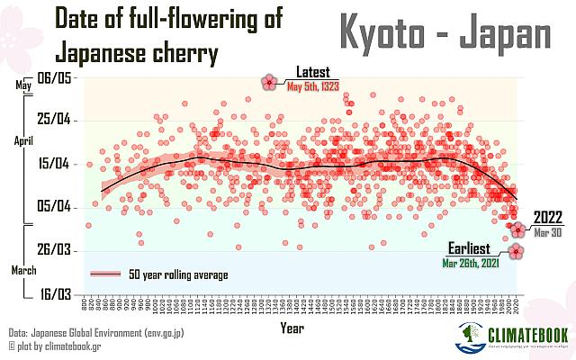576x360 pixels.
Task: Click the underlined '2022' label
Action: coord(549,217)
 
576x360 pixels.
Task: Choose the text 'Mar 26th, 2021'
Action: coord(472,264)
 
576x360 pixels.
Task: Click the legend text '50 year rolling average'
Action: coord(178,274)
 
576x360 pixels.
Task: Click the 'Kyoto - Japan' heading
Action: coord(445,33)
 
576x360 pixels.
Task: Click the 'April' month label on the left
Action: coord(24,141)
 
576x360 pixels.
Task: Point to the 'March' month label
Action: coord(24,270)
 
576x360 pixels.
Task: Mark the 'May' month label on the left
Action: coord(23,85)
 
